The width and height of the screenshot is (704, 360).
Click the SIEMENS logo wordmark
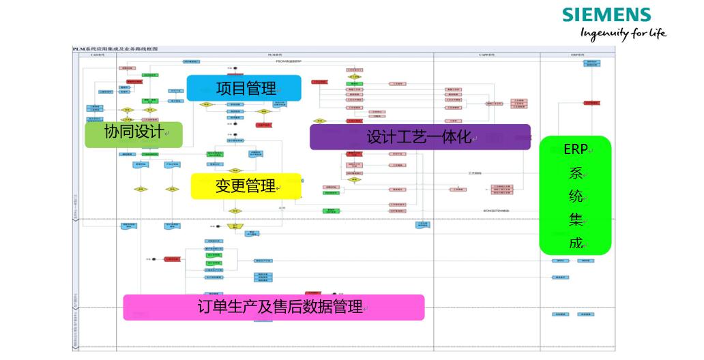click(x=606, y=15)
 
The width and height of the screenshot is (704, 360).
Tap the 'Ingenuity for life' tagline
click(x=622, y=33)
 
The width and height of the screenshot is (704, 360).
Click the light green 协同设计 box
click(x=134, y=134)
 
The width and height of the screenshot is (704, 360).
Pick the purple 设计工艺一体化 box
click(x=420, y=137)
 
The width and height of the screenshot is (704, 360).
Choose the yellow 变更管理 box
click(x=246, y=186)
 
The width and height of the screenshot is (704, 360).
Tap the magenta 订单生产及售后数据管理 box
click(x=274, y=307)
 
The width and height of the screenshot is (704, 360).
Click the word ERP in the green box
click(x=574, y=149)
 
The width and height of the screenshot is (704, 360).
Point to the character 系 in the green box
click(x=575, y=172)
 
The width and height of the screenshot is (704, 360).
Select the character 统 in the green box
click(x=575, y=196)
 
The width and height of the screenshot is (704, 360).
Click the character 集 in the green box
click(x=575, y=220)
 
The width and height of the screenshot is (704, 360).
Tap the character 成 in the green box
click(x=575, y=243)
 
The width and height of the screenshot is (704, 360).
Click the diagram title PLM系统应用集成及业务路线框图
click(x=115, y=49)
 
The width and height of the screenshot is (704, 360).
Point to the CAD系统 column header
click(x=97, y=55)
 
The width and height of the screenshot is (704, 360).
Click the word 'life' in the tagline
click(x=656, y=33)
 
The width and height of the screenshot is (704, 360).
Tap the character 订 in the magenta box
click(x=205, y=307)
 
